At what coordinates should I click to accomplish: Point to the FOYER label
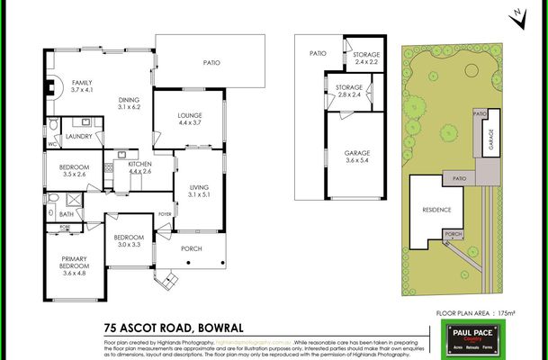(165, 214)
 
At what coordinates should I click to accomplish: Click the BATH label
(67, 214)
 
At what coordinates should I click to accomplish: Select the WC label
(51, 143)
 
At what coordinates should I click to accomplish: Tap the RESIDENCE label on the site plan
(436, 210)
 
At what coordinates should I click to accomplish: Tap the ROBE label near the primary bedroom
(65, 227)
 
